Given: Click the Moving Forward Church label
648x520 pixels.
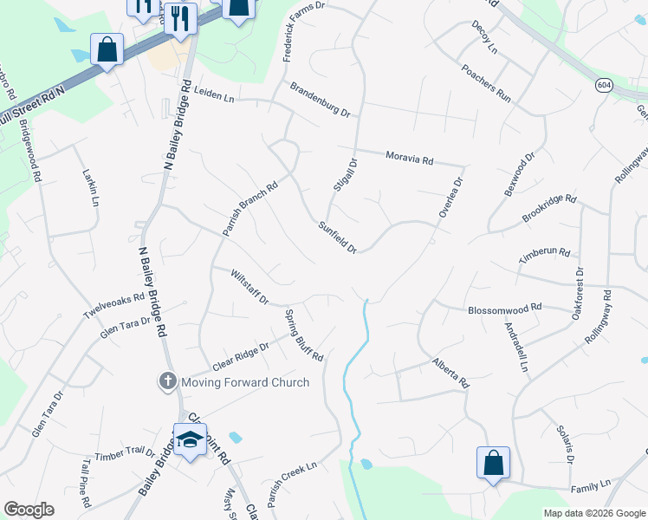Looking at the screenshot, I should click(x=244, y=382).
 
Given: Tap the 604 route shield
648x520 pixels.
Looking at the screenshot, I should click(x=604, y=84).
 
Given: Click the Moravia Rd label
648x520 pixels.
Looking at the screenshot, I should click(x=408, y=158).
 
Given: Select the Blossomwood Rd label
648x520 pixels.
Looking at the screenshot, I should click(x=504, y=308).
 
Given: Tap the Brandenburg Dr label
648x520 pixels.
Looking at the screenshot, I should click(x=320, y=101).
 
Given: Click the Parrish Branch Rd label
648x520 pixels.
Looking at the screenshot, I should click(x=249, y=208).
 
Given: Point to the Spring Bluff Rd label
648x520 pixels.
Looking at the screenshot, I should click(x=303, y=335).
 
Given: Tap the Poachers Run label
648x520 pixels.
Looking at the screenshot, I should click(x=487, y=83).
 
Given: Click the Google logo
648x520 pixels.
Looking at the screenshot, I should click(x=29, y=510).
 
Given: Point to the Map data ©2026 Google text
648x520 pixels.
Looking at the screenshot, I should click(x=593, y=513).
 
